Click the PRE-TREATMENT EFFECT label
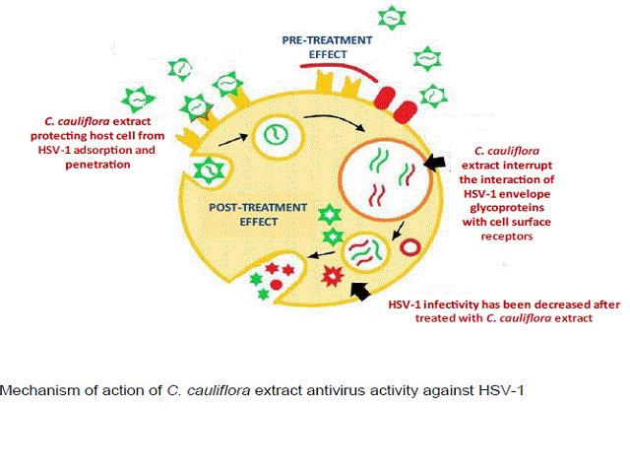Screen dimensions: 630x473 coord(327,47)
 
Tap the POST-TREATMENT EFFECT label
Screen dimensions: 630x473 coord(258,215)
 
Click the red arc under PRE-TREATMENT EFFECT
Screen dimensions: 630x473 coord(339,70)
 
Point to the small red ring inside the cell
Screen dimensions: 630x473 coord(410,247)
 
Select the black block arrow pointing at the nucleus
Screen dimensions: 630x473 coord(434,162)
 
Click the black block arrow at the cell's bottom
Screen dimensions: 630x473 coord(360,291)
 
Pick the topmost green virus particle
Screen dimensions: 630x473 coord(392,18)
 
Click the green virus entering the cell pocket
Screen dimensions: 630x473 coord(209,170)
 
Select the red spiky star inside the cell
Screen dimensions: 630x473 coord(333,276)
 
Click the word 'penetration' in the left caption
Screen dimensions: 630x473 coord(97,165)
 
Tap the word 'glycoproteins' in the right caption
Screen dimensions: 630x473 coord(507,208)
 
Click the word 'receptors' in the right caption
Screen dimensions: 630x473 coord(507,236)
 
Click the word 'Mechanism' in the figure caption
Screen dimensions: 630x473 coord(39,390)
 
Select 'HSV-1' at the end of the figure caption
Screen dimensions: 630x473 coord(501,390)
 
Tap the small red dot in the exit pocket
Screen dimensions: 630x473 coord(277,285)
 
